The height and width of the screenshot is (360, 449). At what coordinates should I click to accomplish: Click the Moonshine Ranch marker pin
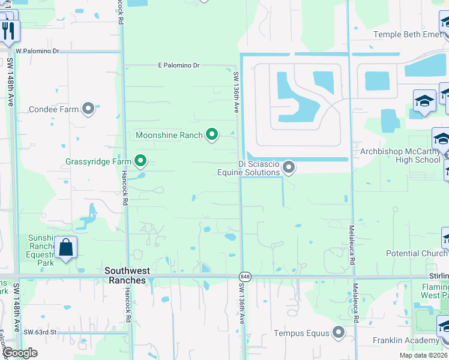pyautogui.click(x=211, y=134)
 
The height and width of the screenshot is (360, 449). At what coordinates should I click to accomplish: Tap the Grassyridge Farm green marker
pyautogui.click(x=140, y=161)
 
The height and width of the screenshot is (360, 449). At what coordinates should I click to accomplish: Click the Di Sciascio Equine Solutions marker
pyautogui.click(x=289, y=167)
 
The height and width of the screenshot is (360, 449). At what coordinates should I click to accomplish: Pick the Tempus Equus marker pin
pyautogui.click(x=339, y=332)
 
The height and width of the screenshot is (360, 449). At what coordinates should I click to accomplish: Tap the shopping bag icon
pyautogui.click(x=65, y=247)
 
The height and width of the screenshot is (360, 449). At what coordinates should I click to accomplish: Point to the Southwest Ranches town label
pyautogui.click(x=125, y=275)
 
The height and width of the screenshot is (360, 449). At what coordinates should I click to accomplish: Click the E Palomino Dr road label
pyautogui.click(x=178, y=65)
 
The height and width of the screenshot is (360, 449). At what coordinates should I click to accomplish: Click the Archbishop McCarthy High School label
pyautogui.click(x=400, y=155)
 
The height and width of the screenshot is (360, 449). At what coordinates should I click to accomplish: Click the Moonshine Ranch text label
pyautogui.click(x=169, y=135)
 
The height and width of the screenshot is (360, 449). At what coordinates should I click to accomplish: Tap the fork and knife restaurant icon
pyautogui.click(x=8, y=30)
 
